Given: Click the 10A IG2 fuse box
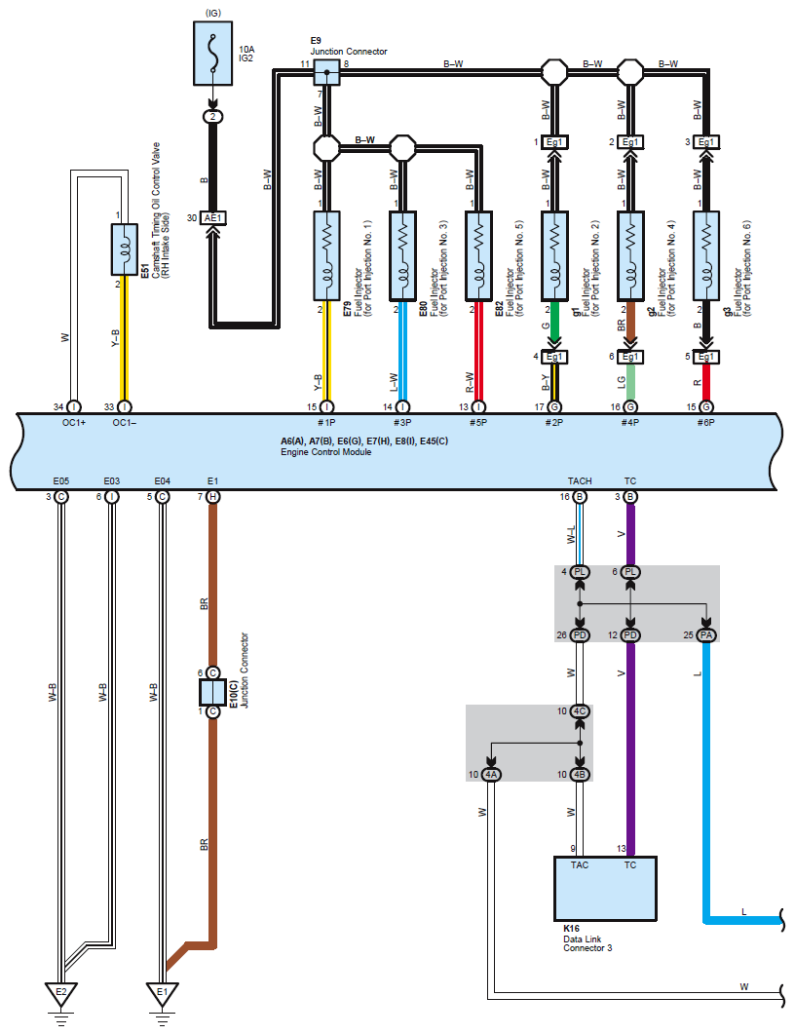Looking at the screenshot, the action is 212,53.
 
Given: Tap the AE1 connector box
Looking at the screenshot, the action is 213,218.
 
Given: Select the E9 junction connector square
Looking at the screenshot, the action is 326,72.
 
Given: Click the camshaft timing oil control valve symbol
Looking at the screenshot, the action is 124,249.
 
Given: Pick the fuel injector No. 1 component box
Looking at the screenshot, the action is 326,256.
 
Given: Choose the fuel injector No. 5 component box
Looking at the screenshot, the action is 478,256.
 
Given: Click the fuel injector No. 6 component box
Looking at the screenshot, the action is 706,256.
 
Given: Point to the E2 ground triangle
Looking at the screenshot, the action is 60,994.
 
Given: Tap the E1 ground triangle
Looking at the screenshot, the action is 162,994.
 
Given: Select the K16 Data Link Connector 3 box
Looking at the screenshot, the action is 605,889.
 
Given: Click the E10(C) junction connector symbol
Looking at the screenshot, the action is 212,692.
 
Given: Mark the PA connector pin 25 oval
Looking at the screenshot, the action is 706,635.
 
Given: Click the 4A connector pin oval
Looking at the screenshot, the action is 491,774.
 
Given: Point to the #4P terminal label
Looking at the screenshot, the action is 630,422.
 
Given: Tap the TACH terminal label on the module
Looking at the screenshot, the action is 580,480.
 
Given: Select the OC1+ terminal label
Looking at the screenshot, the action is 74,422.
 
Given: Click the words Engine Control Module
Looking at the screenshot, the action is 326,452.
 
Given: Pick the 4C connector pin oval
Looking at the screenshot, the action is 580,711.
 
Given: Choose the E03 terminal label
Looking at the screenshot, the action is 111,480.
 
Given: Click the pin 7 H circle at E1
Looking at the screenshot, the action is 212,496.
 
